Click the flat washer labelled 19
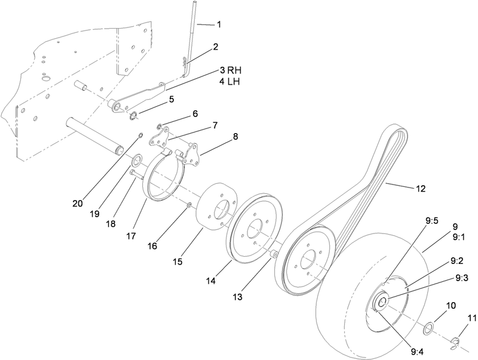[137, 159]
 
